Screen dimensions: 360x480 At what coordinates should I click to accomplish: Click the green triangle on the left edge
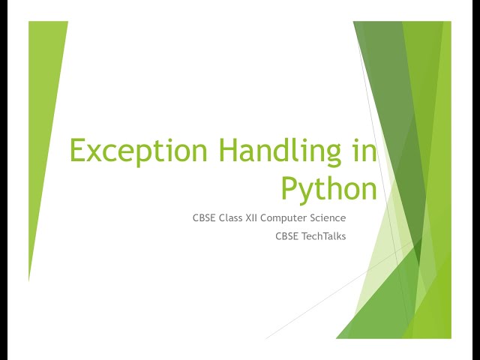(43, 112)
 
